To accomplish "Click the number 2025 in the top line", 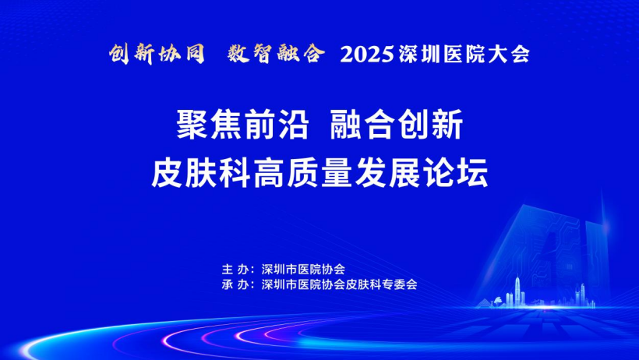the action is point(367,55).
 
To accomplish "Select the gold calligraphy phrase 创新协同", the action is point(157,54).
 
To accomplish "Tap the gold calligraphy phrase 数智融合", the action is point(277,54).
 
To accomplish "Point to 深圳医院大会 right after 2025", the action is point(464,55).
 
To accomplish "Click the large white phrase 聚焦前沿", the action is point(242,125).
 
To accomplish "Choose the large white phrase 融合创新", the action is point(397,125).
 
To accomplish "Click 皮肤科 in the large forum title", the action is point(201,173).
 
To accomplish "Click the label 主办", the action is point(235,270).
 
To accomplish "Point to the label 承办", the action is point(235,284).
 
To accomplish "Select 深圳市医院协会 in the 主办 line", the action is point(303,270).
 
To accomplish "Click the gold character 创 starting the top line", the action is point(119,55).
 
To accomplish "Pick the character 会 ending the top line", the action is point(520,55).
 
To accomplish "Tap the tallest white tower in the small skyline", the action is point(517,291).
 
